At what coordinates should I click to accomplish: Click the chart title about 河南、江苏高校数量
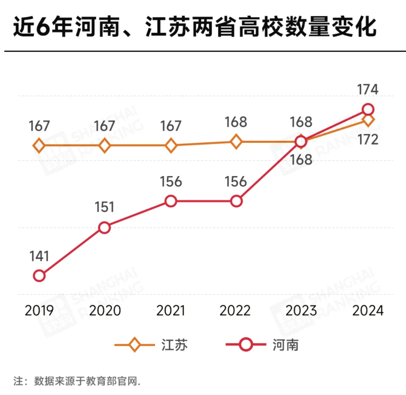(195, 28)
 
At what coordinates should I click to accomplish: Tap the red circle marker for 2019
(39, 276)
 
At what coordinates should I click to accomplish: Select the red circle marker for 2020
(105, 228)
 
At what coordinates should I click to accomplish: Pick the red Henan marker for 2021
(171, 201)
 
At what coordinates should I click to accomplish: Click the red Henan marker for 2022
(236, 201)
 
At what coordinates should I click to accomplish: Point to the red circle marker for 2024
(368, 110)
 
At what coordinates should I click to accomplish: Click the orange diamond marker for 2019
(39, 145)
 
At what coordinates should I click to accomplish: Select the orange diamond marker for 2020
(105, 145)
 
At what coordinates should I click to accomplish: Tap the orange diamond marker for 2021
(171, 145)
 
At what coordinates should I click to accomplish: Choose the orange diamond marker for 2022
(236, 142)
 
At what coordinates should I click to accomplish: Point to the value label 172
(368, 140)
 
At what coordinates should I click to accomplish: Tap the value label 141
(39, 256)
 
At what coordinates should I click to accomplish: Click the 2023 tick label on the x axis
(301, 311)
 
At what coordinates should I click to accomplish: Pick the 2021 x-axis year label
(171, 311)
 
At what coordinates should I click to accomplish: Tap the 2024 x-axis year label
(368, 311)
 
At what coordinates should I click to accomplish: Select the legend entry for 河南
(263, 345)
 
